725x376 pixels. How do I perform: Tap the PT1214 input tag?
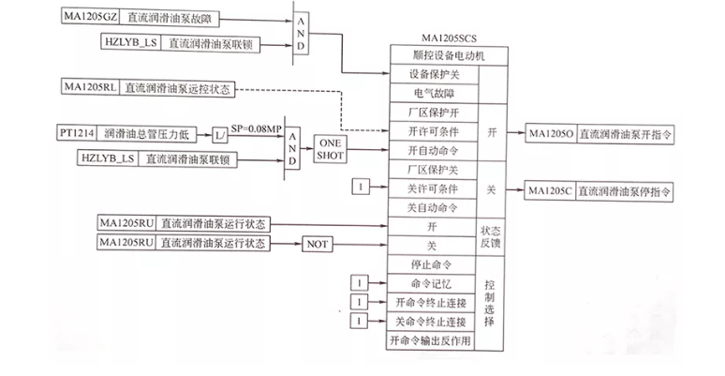[75, 134]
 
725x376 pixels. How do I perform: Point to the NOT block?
[317, 245]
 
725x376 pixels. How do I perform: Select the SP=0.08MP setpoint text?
[255, 127]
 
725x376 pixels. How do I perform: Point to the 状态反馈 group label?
[492, 234]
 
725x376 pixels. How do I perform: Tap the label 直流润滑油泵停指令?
[624, 191]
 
